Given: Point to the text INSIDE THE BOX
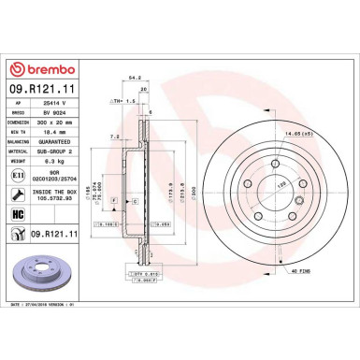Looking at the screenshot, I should click(x=64, y=192).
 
